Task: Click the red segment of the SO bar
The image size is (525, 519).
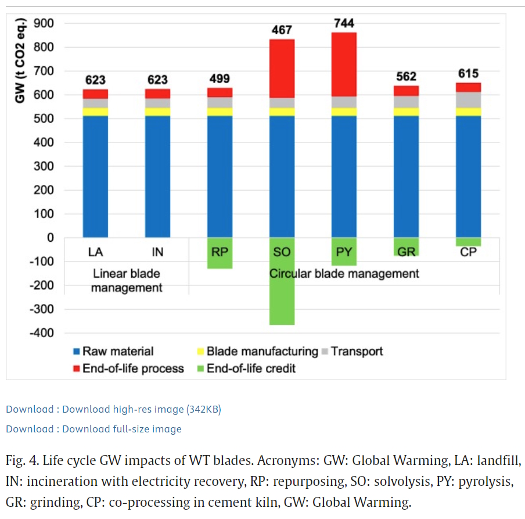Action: [x=282, y=69]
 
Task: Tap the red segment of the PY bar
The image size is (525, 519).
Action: [x=344, y=64]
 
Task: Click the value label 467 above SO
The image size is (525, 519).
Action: [x=282, y=30]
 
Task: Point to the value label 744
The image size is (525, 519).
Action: [x=344, y=23]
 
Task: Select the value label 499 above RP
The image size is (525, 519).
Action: [x=220, y=78]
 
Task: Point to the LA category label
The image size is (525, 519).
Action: [x=95, y=252]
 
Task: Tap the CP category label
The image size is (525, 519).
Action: [x=468, y=252]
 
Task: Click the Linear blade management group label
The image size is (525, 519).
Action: [x=127, y=280]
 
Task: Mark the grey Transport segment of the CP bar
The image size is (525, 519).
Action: [x=468, y=99]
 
